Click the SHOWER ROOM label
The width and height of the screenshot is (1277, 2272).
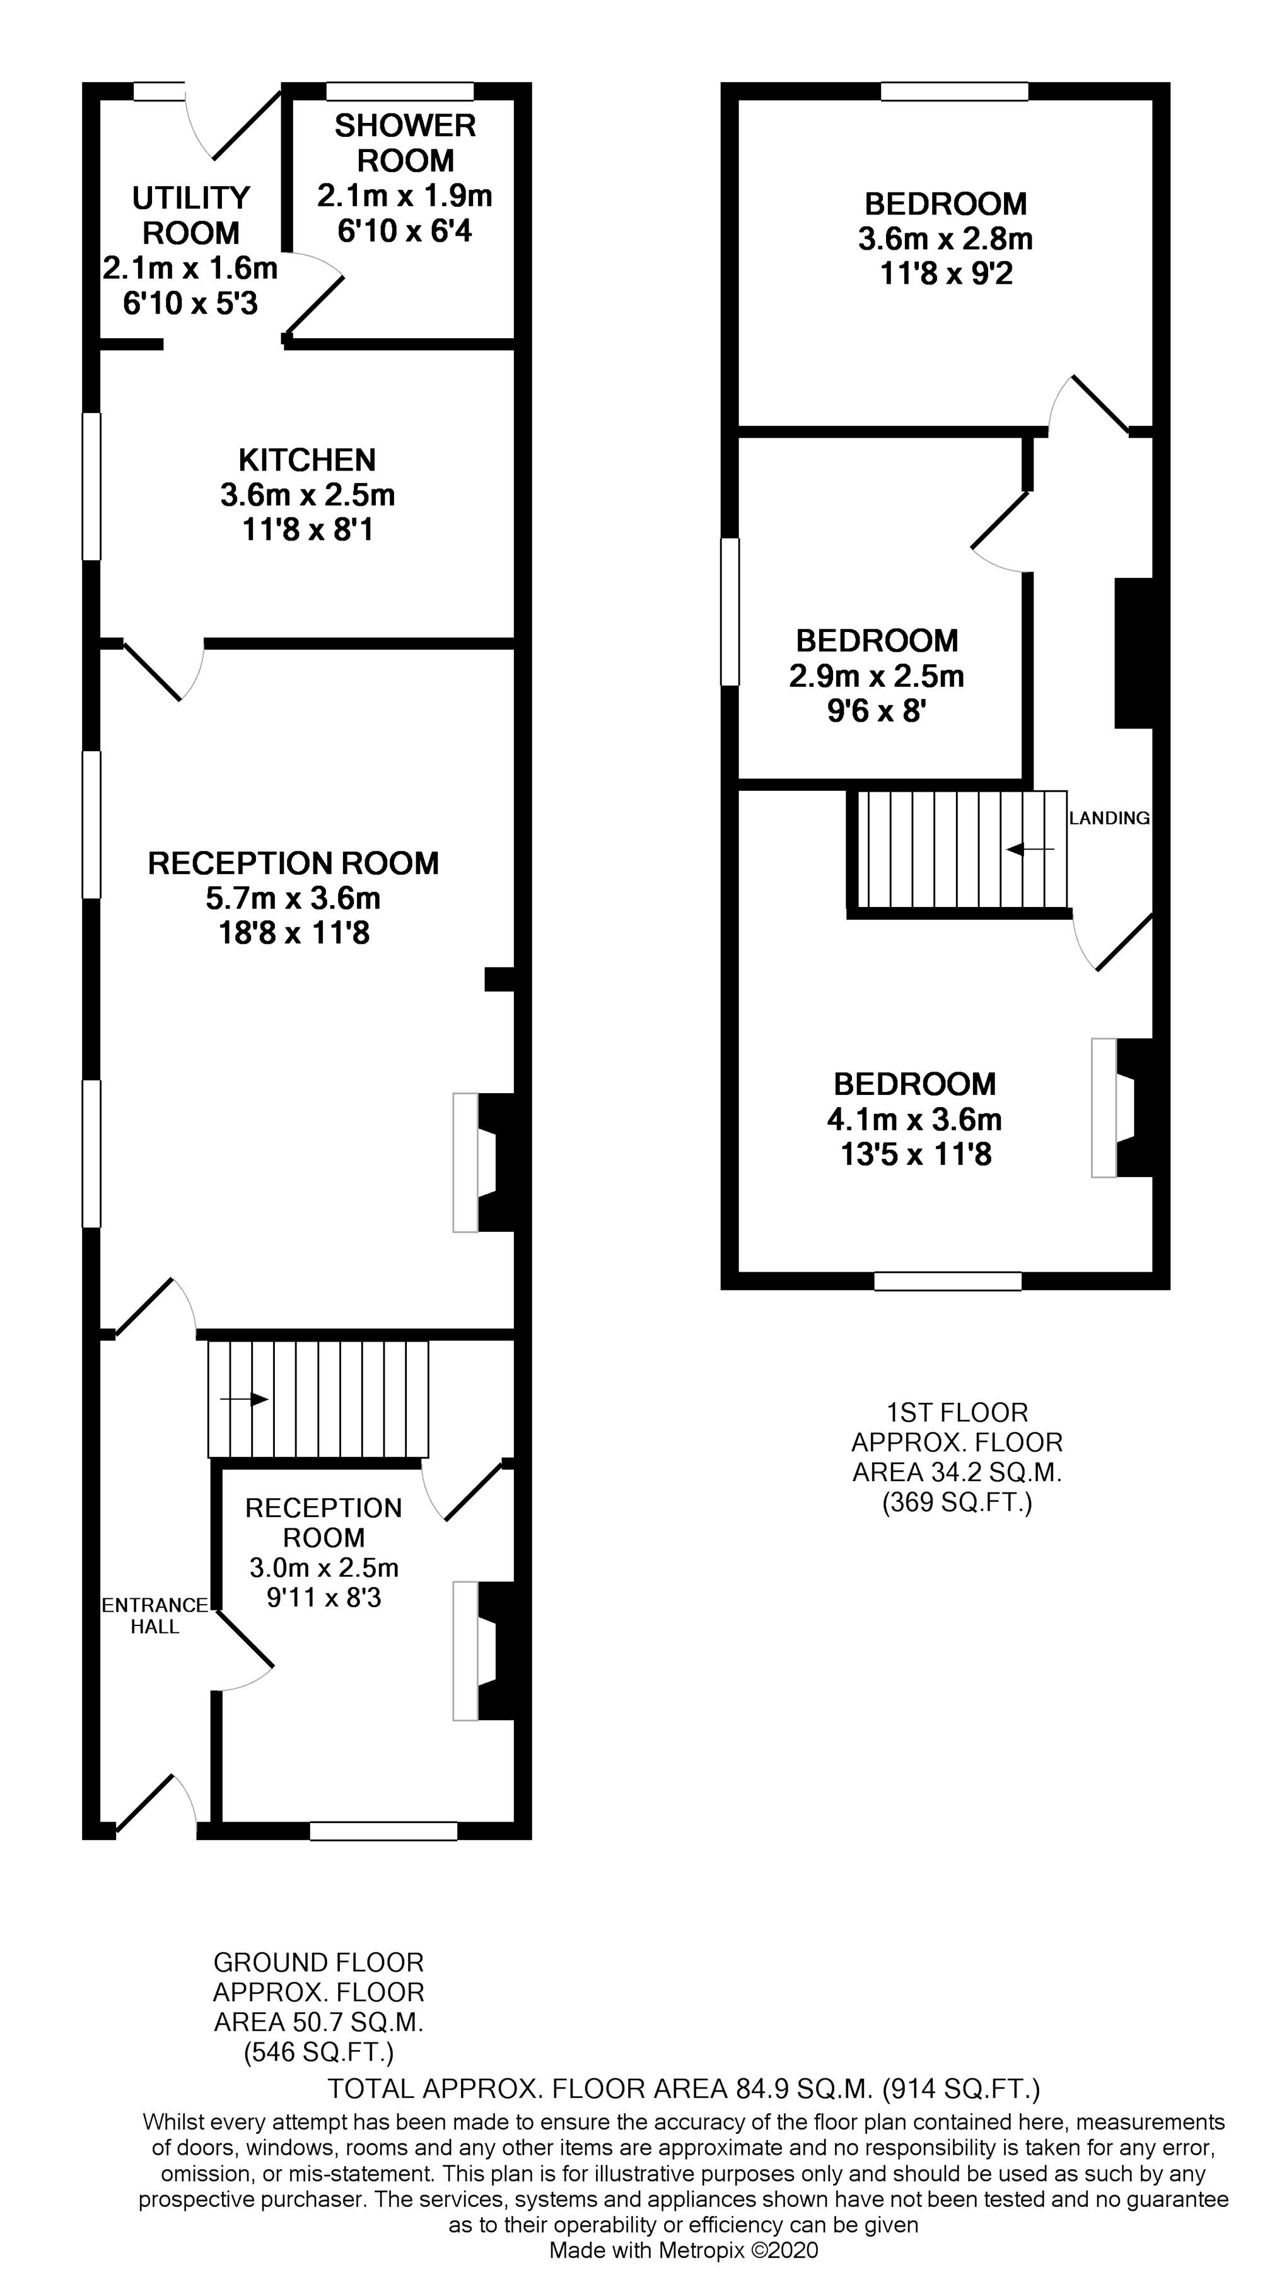pyautogui.click(x=405, y=143)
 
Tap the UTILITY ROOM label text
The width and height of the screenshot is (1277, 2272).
pyautogui.click(x=190, y=215)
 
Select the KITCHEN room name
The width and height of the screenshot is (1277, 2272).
pyautogui.click(x=307, y=460)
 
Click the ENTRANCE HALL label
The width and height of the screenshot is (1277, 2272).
pyautogui.click(x=155, y=1615)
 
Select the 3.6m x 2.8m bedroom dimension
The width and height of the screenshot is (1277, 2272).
pyautogui.click(x=945, y=239)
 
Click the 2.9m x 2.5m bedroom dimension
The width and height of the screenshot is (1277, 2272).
pyautogui.click(x=877, y=676)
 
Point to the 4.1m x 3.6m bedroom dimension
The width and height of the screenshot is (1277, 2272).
pyautogui.click(x=914, y=1119)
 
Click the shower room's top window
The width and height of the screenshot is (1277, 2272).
pyautogui.click(x=400, y=91)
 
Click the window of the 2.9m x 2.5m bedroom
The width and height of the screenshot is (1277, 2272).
pyautogui.click(x=730, y=612)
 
